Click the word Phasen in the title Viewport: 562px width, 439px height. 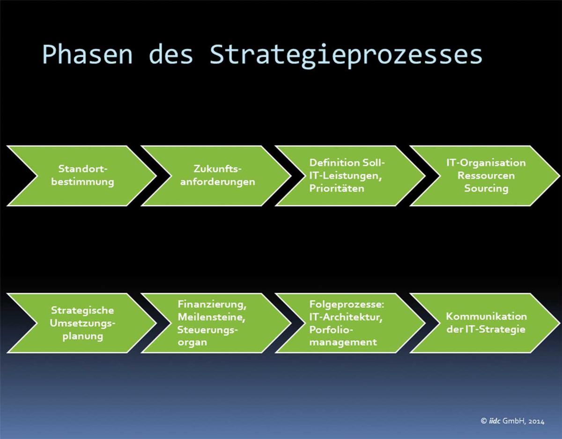point(88,54)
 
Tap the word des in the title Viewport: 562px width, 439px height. point(171,54)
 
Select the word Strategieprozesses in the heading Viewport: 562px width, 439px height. point(346,56)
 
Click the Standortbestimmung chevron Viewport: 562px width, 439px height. point(81,176)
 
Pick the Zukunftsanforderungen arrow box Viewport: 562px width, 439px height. point(216,176)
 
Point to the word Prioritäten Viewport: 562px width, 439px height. point(337,188)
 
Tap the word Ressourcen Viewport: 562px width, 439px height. point(486,176)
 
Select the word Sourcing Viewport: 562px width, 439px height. point(486,189)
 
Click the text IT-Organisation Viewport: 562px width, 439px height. point(486,163)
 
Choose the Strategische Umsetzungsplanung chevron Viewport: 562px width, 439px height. point(81,323)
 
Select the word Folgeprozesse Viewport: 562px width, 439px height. point(347,305)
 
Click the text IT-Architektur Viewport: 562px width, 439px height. point(346,317)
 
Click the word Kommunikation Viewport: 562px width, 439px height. point(487,317)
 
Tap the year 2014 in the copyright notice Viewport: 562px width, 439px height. point(536,421)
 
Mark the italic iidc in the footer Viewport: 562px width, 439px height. point(495,421)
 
